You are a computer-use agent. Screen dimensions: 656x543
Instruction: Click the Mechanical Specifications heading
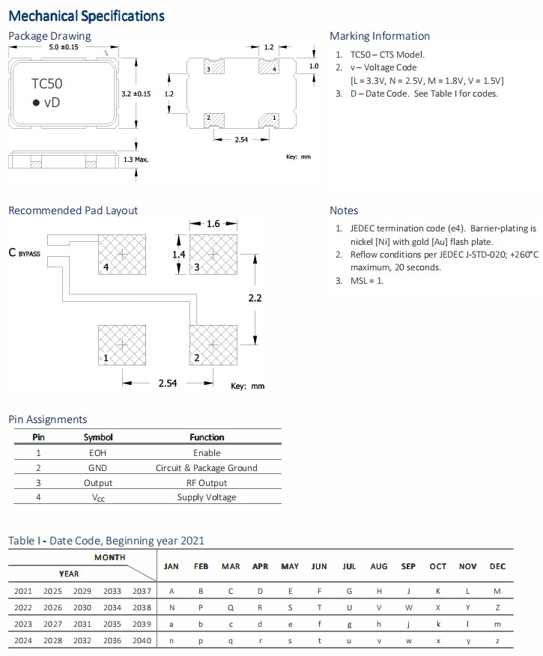pos(86,16)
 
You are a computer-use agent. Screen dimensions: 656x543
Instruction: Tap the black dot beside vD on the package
pos(34,103)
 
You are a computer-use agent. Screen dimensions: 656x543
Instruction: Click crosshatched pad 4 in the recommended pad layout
pos(122,254)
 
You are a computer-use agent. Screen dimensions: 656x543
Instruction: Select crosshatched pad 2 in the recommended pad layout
pos(213,344)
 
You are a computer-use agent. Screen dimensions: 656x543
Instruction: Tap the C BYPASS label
pos(24,253)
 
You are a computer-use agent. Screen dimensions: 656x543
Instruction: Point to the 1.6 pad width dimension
pos(213,223)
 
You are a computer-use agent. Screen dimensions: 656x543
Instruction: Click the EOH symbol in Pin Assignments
pos(97,453)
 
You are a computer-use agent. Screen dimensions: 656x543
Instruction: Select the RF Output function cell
pos(207,483)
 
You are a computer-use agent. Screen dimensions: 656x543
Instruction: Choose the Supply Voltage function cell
pos(207,497)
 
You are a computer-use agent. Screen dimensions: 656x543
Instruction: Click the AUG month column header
pos(379,566)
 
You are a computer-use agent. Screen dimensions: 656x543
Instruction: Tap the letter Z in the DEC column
pos(497,607)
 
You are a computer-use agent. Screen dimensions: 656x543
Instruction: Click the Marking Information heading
pos(380,36)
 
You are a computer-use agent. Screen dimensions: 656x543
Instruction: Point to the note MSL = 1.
pos(366,281)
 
